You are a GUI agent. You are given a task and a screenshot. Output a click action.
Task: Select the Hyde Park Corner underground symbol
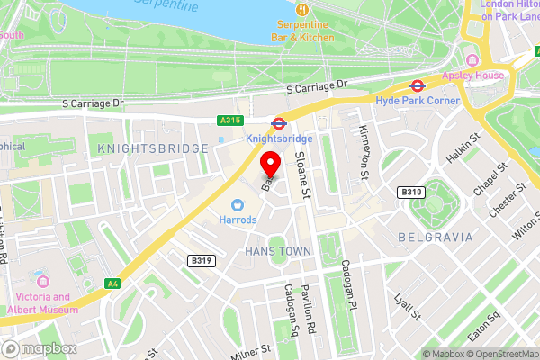tap(418, 86)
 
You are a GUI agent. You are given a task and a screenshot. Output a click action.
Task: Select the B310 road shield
tap(409, 192)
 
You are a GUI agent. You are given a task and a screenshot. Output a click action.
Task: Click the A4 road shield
tap(112, 283)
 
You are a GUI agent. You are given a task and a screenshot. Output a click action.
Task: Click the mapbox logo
tap(38, 347)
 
